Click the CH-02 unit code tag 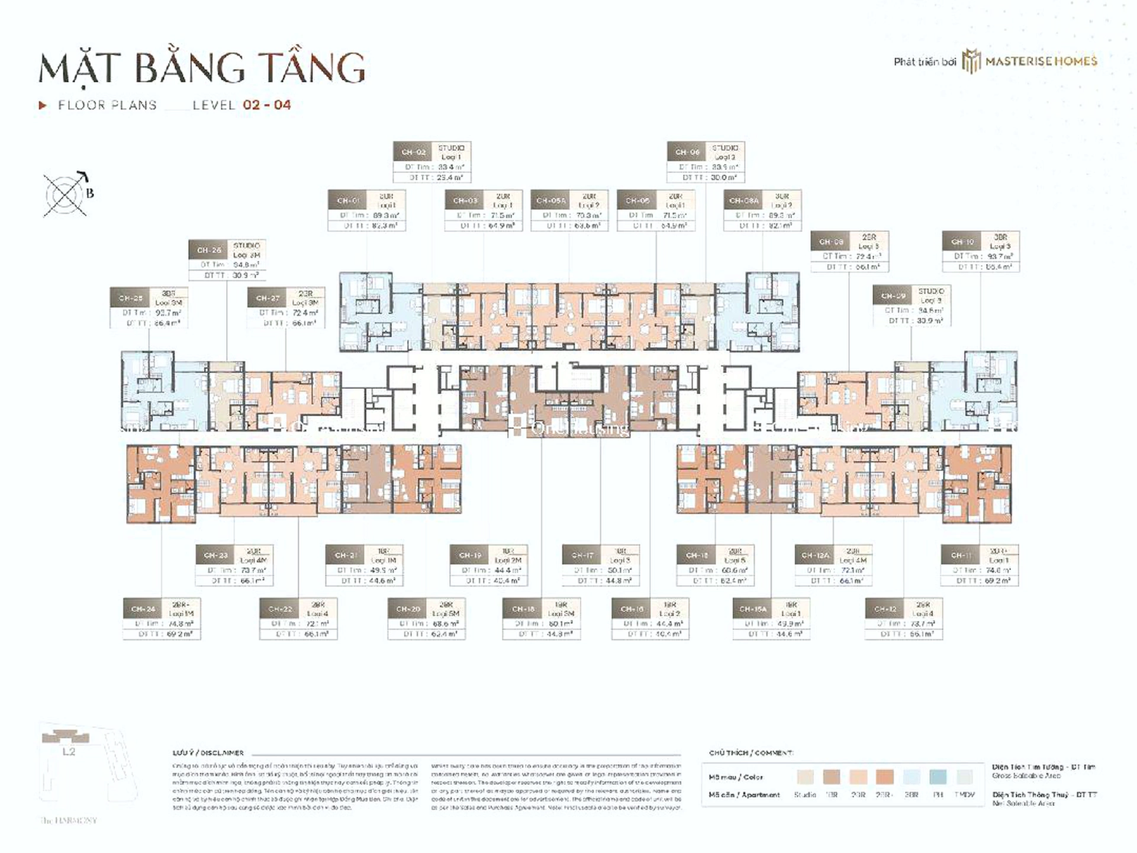(413, 152)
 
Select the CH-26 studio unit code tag (209, 250)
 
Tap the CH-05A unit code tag (551, 201)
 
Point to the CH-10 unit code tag (962, 242)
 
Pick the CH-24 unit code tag (143, 609)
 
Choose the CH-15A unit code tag (753, 609)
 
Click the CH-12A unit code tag (815, 555)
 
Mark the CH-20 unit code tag (408, 609)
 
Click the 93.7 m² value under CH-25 (168, 313)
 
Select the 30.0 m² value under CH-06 (724, 177)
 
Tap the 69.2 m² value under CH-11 (998, 581)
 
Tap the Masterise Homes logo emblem (971, 62)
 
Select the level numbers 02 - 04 (267, 105)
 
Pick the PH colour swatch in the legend (938, 777)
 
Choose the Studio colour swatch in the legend (805, 777)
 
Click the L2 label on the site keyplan (69, 752)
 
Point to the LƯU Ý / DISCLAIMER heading (208, 753)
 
